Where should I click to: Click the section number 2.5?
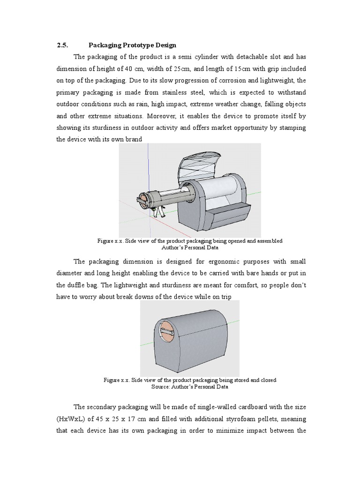coord(62,45)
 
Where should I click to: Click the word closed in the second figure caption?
coord(266,380)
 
